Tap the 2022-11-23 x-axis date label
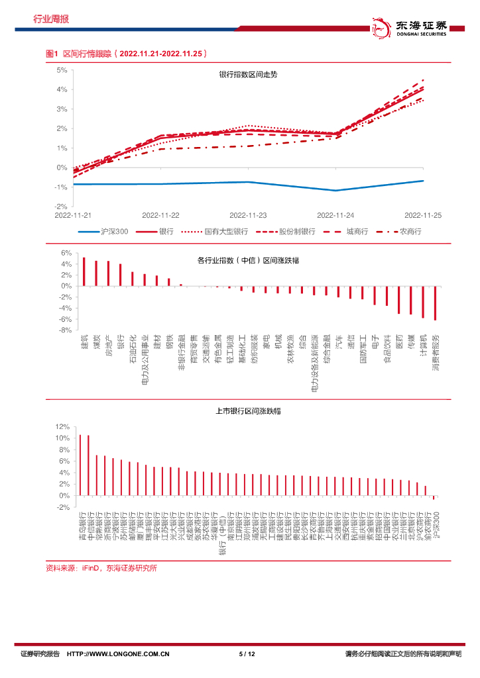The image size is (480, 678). pos(248,215)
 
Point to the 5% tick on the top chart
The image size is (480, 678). pos(62,70)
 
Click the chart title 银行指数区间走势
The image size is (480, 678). pos(248,75)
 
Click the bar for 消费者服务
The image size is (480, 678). pos(436,303)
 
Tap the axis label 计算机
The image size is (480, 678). pos(423,346)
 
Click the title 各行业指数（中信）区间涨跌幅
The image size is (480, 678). pos(248,260)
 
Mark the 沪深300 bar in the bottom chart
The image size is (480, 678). pos(434,497)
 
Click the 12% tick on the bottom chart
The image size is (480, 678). pos(62,426)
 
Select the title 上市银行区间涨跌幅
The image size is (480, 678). pos(248,412)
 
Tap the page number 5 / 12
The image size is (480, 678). pos(247,654)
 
